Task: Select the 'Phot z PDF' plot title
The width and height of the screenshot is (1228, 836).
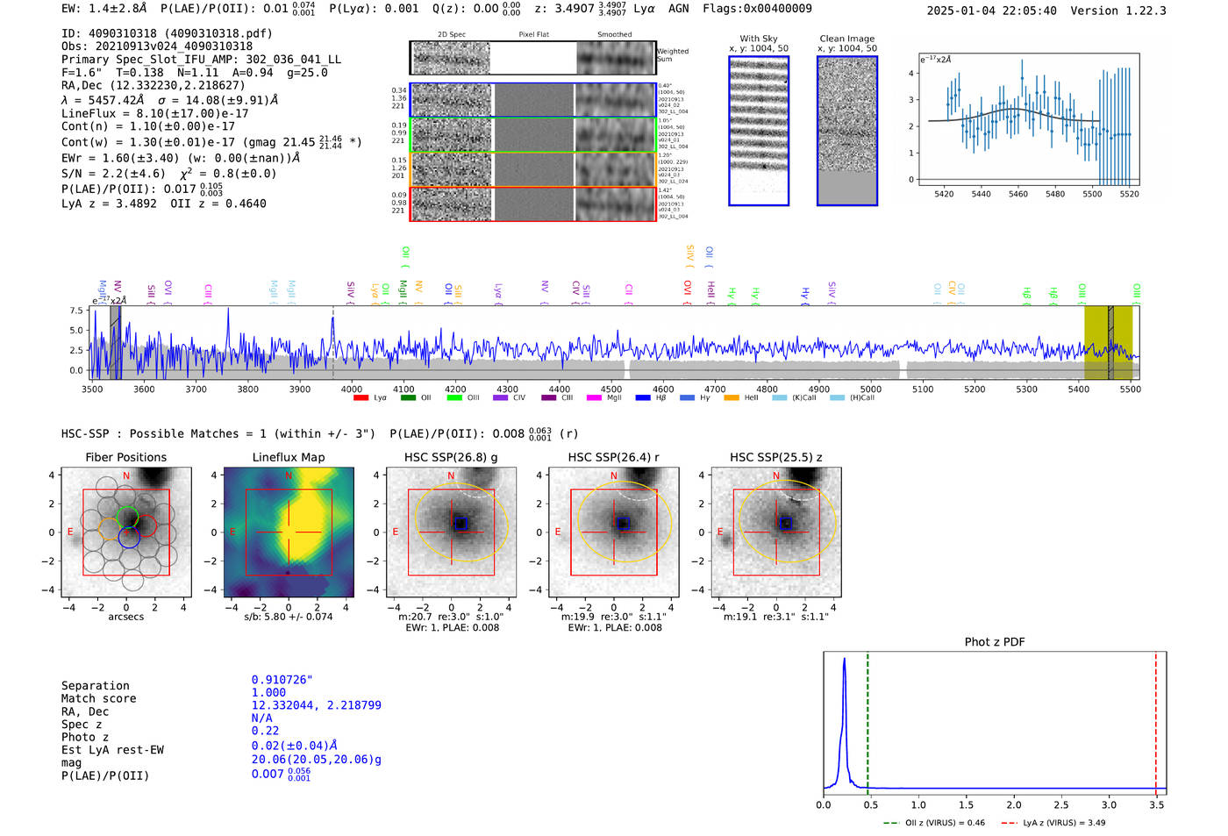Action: pyautogui.click(x=995, y=642)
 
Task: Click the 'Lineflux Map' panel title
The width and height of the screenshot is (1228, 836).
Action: pyautogui.click(x=289, y=457)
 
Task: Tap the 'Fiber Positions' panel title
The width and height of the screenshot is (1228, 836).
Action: pyautogui.click(x=126, y=457)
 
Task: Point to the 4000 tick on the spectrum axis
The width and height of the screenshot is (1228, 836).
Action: pyautogui.click(x=352, y=389)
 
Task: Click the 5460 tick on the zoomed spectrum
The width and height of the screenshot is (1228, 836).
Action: pyautogui.click(x=1018, y=194)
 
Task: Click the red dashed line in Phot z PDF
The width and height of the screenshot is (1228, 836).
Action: pyautogui.click(x=1156, y=719)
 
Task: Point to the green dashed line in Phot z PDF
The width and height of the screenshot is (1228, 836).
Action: pyautogui.click(x=867, y=719)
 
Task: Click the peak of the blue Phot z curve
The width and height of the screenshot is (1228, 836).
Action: pyautogui.click(x=844, y=659)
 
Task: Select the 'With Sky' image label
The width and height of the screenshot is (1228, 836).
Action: pyautogui.click(x=759, y=39)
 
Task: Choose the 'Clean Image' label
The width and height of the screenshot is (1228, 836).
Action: pyautogui.click(x=847, y=39)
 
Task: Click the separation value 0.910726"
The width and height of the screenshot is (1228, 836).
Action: pyautogui.click(x=282, y=680)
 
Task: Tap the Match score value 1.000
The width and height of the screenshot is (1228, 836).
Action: pyautogui.click(x=268, y=692)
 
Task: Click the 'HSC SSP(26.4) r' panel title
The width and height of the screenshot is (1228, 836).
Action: pyautogui.click(x=613, y=457)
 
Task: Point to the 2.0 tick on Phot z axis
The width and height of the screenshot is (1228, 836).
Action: pyautogui.click(x=1014, y=804)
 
